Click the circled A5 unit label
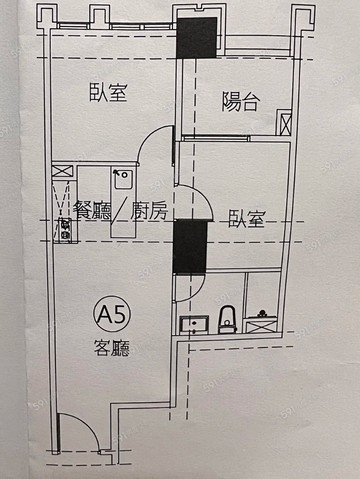tap(105, 316)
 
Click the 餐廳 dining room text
tap(93, 210)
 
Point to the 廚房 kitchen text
tap(150, 210)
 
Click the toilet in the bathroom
tap(226, 318)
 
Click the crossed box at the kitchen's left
tap(61, 173)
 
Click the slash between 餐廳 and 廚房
tap(121, 210)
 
